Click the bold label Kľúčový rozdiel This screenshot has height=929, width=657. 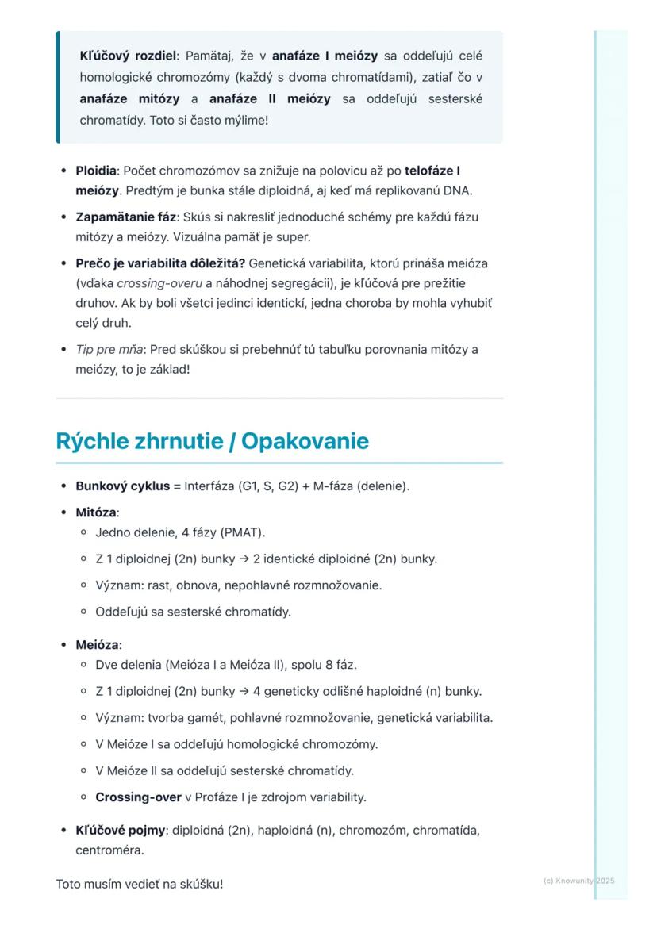point(128,56)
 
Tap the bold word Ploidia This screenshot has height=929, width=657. point(96,171)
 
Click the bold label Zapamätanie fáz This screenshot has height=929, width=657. point(125,217)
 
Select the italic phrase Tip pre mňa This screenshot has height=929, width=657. point(109,350)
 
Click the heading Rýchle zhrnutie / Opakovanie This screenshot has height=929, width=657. point(212,441)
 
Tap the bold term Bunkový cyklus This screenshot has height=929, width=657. point(122,486)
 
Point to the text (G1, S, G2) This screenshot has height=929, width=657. point(267,486)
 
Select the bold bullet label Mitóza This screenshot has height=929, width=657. point(95,512)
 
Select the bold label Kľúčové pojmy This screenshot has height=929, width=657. point(120,831)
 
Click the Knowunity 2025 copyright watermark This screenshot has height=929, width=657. point(578,881)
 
